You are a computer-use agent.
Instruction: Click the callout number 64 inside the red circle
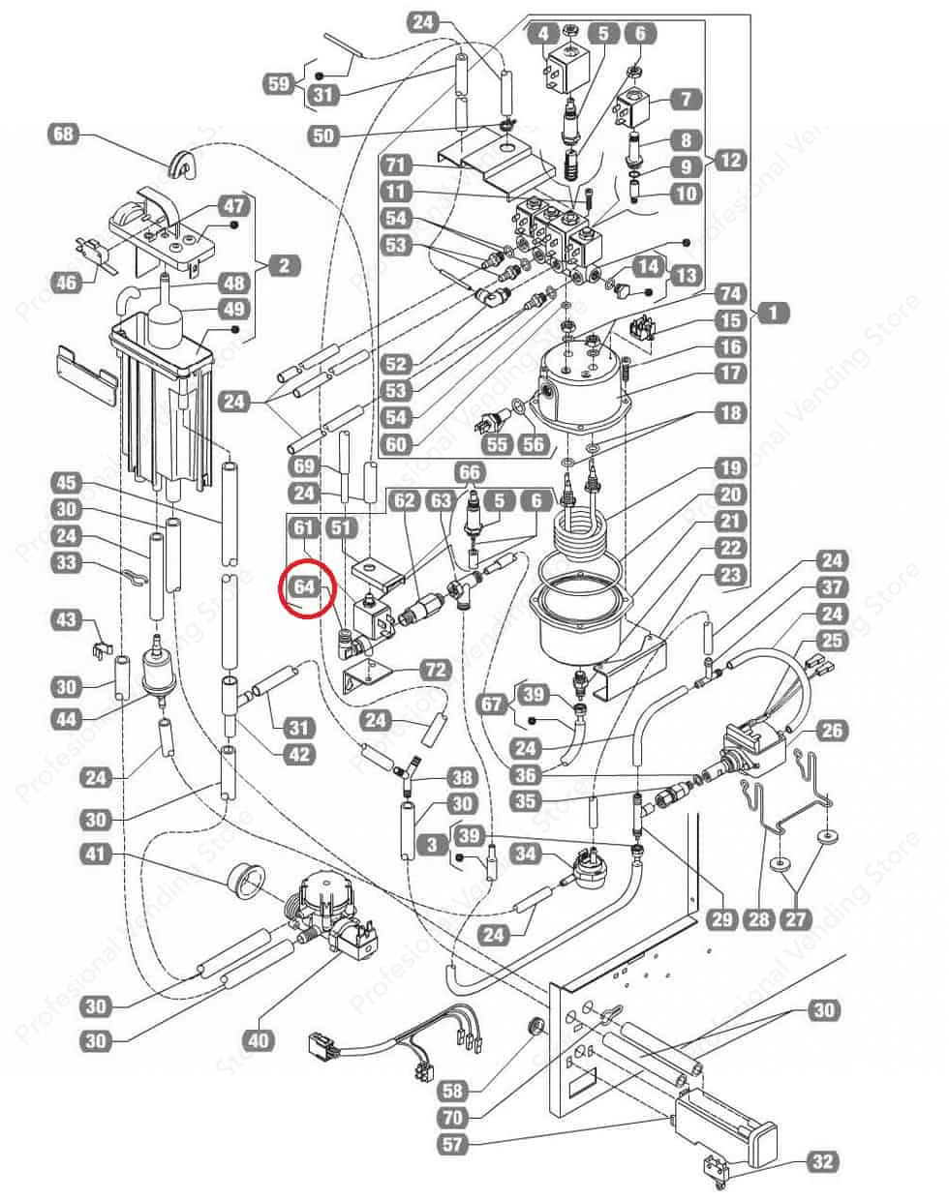click(x=304, y=586)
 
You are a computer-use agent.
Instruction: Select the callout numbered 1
click(x=774, y=313)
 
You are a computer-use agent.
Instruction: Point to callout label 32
click(x=823, y=1161)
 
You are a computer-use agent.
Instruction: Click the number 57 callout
click(x=452, y=1145)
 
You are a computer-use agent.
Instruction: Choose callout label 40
click(x=258, y=1041)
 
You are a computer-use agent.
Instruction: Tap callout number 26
click(x=830, y=731)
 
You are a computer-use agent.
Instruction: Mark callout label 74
click(x=731, y=294)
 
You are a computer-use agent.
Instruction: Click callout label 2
click(x=284, y=265)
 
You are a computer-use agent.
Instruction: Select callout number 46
click(x=65, y=283)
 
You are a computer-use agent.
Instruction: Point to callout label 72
click(x=435, y=671)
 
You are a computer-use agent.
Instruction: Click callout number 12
click(x=731, y=159)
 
